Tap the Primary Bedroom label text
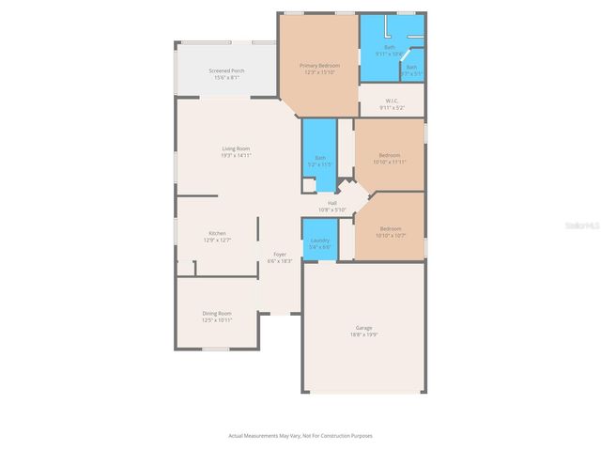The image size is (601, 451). point(319,66)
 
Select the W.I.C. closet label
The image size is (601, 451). point(392,101)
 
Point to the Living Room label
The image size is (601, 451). point(236,148)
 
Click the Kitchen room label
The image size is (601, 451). point(217,233)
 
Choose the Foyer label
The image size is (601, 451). point(280,255)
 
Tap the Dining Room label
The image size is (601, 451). point(217,313)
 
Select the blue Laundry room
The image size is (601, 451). point(319,241)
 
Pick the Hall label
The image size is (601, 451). point(331,203)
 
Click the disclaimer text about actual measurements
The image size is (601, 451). point(300,435)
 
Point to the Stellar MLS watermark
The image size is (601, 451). point(582,226)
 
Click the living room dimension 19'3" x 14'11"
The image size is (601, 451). point(236,156)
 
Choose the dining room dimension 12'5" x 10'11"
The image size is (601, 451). point(217,320)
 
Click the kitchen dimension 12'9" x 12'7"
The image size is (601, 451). point(217,241)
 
